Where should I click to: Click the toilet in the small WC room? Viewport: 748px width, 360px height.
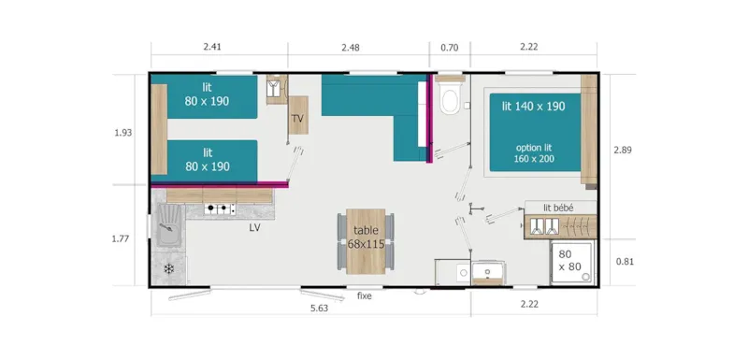pos(449,98)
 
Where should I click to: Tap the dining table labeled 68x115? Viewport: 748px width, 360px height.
pos(366,238)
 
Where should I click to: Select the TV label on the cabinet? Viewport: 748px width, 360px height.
pos(297,119)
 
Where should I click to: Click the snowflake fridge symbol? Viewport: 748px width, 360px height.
pos(168,269)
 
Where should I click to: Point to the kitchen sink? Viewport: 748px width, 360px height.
pos(170,229)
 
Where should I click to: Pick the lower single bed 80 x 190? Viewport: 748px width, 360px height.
pos(209,159)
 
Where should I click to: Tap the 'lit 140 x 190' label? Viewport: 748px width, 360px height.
pos(533,107)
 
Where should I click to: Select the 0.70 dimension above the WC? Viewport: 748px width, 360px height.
pos(449,46)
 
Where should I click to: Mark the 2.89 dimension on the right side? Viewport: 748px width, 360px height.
pos(623,150)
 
